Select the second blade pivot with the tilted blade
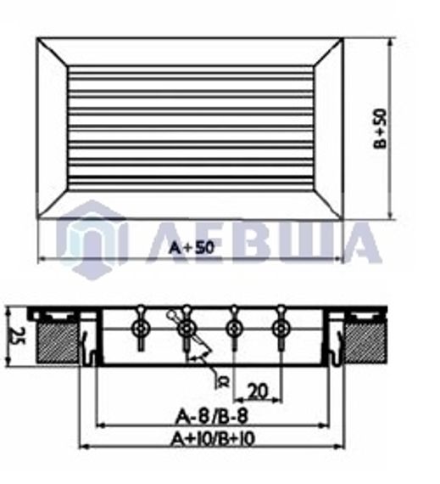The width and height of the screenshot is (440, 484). [187, 327]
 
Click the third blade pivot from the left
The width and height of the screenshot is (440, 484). [234, 327]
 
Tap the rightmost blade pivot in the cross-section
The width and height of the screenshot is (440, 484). [281, 327]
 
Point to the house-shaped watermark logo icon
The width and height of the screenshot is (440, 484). [92, 238]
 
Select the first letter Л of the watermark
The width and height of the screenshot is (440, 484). [167, 243]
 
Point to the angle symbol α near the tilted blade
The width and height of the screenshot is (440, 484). [224, 379]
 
